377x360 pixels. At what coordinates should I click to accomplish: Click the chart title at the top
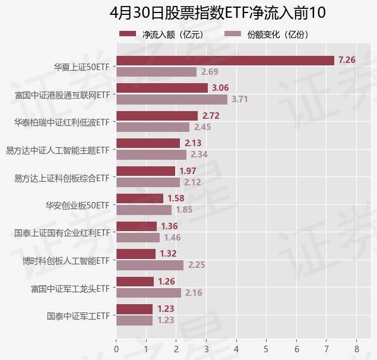[218, 12]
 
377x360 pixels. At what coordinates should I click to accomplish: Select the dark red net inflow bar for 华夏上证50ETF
[225, 60]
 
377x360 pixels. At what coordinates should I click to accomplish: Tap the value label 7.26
[347, 60]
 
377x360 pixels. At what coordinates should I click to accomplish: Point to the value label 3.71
[239, 99]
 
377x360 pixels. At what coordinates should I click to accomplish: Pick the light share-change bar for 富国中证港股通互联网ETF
[172, 99]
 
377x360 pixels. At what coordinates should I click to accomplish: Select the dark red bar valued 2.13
[148, 143]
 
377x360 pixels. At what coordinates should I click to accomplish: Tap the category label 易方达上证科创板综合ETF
[61, 177]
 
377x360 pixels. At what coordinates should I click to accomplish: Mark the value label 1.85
[184, 209]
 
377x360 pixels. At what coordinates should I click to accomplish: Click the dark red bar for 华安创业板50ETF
[140, 198]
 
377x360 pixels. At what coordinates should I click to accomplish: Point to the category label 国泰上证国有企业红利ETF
[62, 232]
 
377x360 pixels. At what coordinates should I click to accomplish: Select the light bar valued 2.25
[150, 265]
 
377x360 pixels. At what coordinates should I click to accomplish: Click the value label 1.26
[166, 282]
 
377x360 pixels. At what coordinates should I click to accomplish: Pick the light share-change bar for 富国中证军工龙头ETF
[148, 292]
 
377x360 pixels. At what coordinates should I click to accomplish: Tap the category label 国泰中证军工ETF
[78, 315]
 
